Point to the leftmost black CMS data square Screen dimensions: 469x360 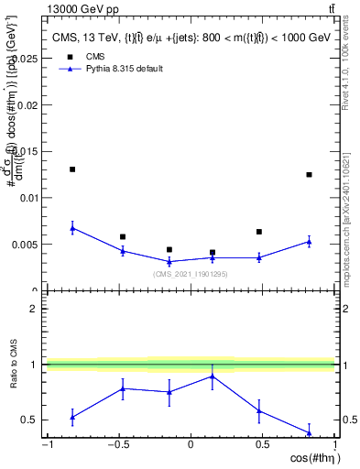(72, 169)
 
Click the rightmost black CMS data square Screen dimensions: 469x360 (309, 174)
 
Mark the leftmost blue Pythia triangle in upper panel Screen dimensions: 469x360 (72, 228)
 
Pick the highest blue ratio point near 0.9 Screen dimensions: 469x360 (213, 376)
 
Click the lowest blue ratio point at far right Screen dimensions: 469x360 (309, 432)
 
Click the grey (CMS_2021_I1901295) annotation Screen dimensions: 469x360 (191, 274)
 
